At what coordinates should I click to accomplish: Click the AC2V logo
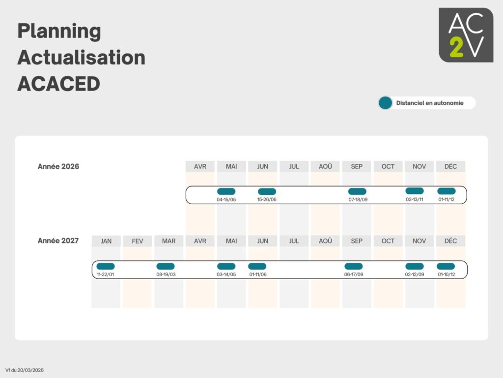tap(466, 35)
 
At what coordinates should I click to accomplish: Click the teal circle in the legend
tap(385, 103)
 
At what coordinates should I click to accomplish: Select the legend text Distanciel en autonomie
tap(429, 103)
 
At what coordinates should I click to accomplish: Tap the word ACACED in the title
tap(59, 84)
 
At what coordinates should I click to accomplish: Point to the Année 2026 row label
tap(58, 166)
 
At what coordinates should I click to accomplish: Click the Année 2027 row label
tap(58, 241)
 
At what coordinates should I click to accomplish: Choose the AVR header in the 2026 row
tap(200, 166)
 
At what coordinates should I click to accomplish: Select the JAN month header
tap(106, 241)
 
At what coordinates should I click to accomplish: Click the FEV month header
tap(138, 241)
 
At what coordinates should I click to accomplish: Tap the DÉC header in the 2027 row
tap(450, 241)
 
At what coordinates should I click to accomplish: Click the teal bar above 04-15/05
tap(226, 191)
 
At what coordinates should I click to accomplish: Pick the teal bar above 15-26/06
tap(267, 191)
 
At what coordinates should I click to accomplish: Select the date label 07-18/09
tap(358, 200)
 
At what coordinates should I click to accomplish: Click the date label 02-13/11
tap(415, 200)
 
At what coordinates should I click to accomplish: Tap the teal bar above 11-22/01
tap(106, 266)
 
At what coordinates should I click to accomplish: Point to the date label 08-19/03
tap(166, 275)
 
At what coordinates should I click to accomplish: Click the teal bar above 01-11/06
tap(257, 266)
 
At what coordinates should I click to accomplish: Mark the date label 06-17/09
tap(354, 275)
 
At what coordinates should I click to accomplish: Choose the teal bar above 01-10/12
tap(446, 266)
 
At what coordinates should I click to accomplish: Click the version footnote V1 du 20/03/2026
tap(25, 370)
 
